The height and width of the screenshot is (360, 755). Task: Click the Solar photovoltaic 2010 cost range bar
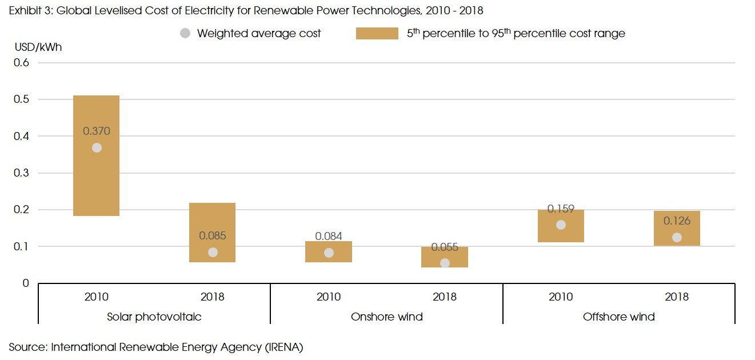[x=97, y=177]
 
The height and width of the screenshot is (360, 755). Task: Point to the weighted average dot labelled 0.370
[x=97, y=148]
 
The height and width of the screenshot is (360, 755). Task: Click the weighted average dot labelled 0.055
[x=445, y=263]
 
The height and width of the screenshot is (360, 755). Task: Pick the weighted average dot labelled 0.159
[x=561, y=225]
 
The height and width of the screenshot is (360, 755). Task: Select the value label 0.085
[x=212, y=235]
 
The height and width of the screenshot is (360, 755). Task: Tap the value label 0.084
[x=329, y=236]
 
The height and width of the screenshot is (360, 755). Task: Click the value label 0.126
[x=677, y=221]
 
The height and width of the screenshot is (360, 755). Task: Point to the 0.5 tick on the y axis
[x=21, y=99]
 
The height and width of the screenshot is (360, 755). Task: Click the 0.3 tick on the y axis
[x=21, y=173]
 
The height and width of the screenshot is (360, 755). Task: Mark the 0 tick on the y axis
[x=25, y=283]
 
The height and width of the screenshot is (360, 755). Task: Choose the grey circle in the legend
[x=185, y=33]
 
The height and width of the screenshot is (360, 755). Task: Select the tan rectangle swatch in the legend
[x=377, y=34]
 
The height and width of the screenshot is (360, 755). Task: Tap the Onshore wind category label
[x=387, y=317]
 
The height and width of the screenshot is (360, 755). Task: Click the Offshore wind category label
[x=618, y=317]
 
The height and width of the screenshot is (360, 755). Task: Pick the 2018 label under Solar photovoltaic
[x=212, y=297]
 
